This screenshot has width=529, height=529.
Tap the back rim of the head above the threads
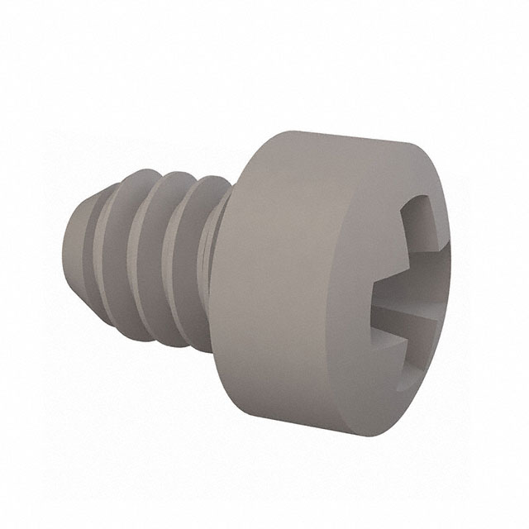coord(252,165)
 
